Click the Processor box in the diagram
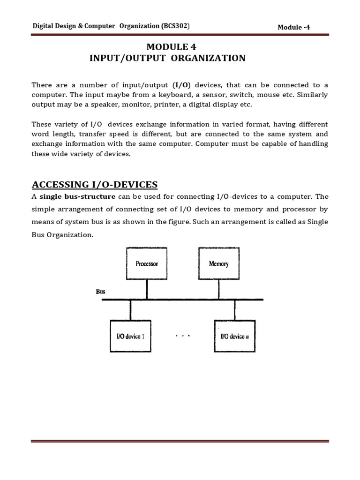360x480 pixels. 147,264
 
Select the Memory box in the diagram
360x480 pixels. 218,264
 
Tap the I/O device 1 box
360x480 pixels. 130,336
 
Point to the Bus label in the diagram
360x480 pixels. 101,291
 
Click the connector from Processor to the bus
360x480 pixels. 147,290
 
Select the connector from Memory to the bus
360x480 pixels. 218,290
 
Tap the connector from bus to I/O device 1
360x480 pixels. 130,310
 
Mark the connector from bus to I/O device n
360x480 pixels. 234,310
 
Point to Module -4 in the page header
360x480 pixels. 294,27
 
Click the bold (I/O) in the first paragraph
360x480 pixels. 181,85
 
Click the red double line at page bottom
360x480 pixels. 180,441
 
